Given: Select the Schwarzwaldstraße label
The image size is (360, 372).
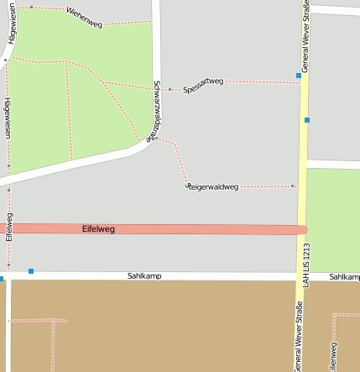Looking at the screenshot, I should click(154, 112).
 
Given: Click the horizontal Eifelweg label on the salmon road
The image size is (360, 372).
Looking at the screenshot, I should click(99, 228).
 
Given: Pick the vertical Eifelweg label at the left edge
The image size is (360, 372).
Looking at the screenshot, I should click(9, 228).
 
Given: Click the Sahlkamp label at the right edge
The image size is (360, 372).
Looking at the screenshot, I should click(344, 276).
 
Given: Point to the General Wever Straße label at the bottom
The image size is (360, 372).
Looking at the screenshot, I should click(297, 336).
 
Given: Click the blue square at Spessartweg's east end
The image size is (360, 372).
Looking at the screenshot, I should click(299, 76).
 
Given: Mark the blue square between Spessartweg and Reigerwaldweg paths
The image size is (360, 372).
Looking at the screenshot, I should click(307, 120).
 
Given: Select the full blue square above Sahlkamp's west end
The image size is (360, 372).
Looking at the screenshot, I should click(31, 270).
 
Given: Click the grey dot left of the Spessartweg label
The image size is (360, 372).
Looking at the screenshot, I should click(170, 89).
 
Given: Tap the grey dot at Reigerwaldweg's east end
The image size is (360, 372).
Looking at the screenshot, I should click(292, 186).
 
